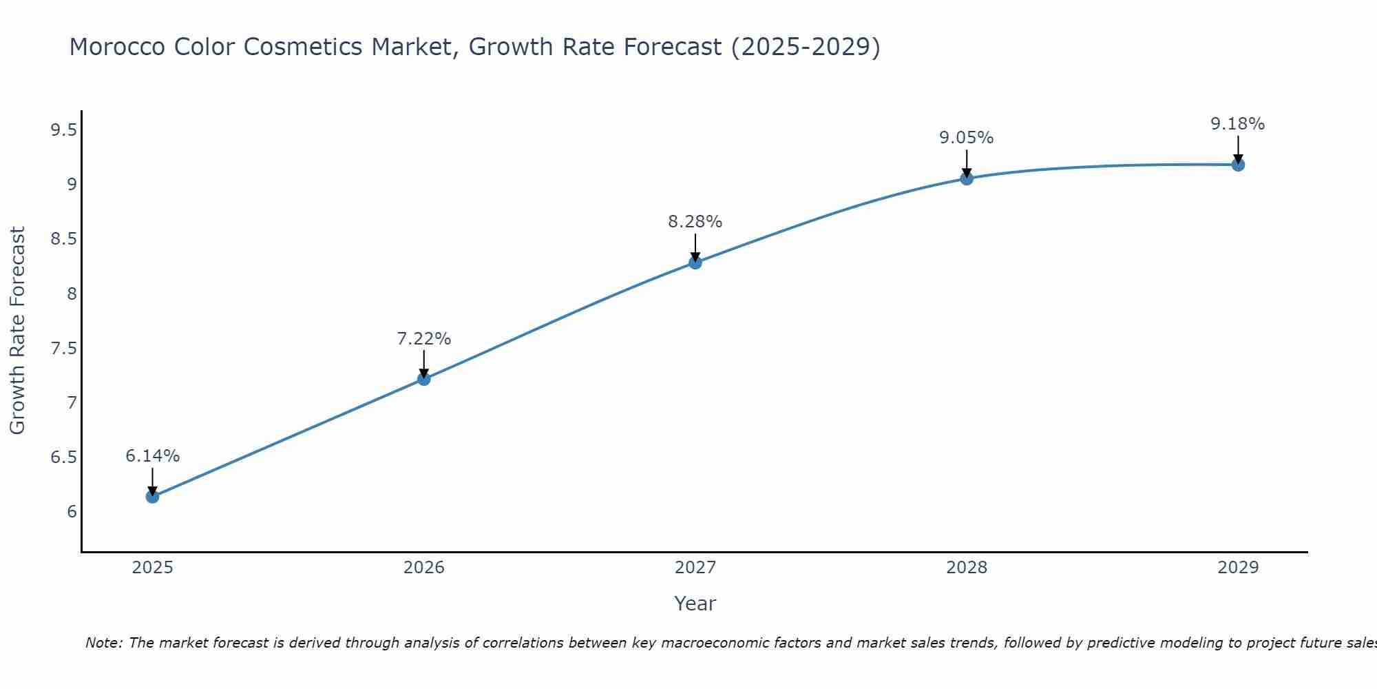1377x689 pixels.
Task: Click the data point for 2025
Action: tap(152, 496)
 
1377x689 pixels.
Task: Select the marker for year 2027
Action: tap(695, 263)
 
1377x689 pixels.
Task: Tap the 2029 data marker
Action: tap(1238, 165)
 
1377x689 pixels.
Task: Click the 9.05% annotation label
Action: tap(967, 138)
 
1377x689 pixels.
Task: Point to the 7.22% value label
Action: tap(424, 339)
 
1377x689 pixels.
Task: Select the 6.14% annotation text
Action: tap(153, 456)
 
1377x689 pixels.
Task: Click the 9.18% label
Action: tap(1238, 124)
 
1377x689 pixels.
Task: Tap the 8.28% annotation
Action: tap(695, 222)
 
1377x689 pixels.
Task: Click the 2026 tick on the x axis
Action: tap(424, 568)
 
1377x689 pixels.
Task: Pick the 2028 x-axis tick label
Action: tap(967, 568)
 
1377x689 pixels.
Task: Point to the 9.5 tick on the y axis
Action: tap(63, 130)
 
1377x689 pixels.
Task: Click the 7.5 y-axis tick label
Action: tap(63, 348)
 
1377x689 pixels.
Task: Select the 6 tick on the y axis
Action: tap(72, 512)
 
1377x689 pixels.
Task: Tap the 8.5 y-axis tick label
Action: tap(63, 239)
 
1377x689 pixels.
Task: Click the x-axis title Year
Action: tap(695, 604)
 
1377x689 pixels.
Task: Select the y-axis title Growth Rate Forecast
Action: tap(18, 331)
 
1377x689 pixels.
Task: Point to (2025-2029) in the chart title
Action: tap(806, 47)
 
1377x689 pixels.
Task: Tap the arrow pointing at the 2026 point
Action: tap(424, 364)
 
